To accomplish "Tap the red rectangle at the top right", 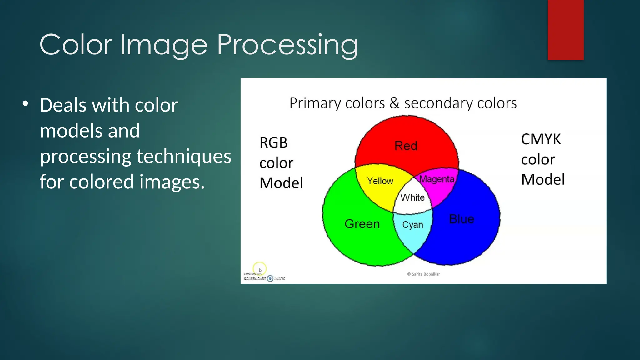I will point(565,30).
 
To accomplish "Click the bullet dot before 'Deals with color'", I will point(26,103).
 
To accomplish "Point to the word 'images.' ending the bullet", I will point(172,182).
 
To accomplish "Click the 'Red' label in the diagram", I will point(406,146).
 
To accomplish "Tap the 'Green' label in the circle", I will point(362,224).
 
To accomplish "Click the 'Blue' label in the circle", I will point(461,219).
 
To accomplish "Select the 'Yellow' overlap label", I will point(380,181).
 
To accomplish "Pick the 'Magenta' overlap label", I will point(437,179).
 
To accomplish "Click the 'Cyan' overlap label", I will point(412,225).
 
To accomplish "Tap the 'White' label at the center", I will point(412,197).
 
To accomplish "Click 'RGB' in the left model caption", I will point(273,143).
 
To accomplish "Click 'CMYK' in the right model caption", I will point(541,139).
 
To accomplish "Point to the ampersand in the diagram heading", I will point(394,103).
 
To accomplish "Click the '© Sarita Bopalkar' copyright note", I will point(423,274).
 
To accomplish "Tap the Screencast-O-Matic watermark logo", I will point(264,278).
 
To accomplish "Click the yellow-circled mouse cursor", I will point(260,269).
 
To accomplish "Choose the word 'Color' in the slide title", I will point(76,45).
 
